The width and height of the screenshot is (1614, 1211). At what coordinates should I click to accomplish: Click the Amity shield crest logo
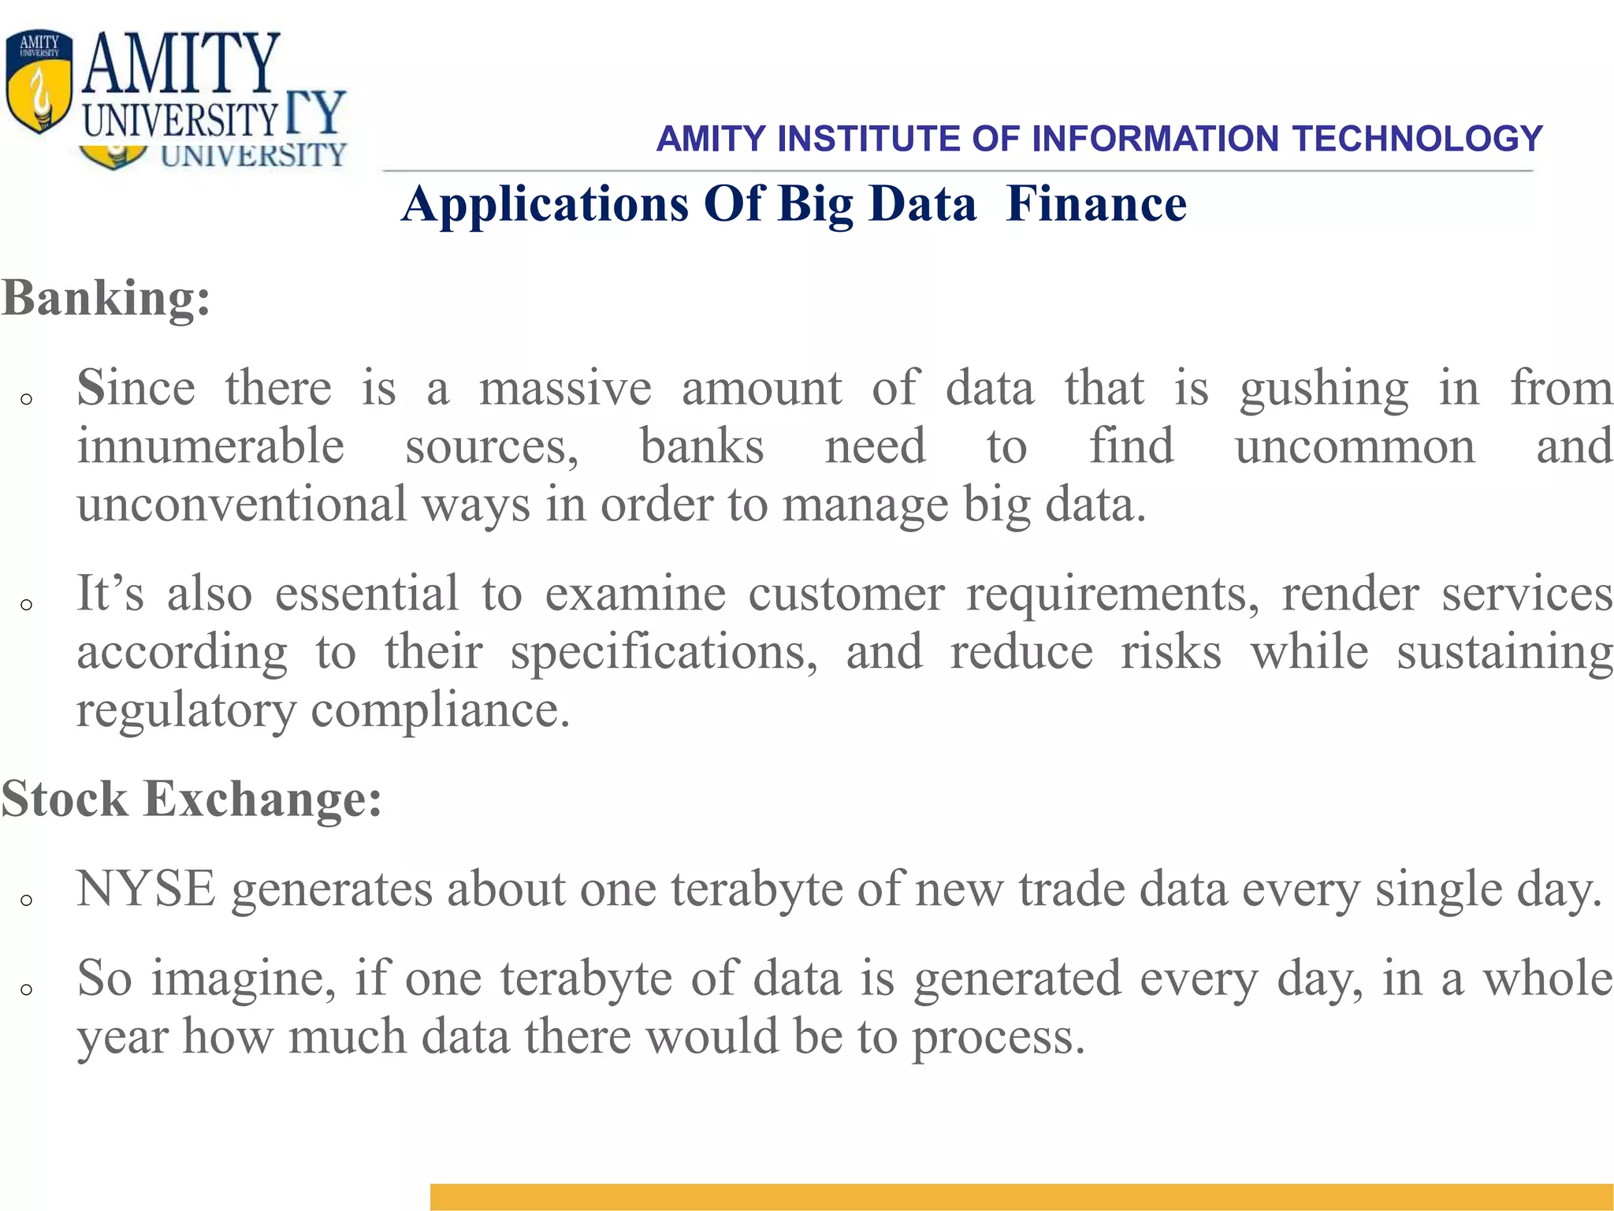(39, 83)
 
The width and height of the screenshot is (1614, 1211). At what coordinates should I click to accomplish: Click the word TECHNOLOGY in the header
(1417, 140)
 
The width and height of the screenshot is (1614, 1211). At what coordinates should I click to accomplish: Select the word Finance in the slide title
(1096, 204)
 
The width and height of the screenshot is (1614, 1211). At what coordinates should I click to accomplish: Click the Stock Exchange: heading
(192, 799)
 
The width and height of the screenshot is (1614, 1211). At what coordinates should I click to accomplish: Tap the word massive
(565, 388)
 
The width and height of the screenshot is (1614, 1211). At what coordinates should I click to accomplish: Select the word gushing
(1323, 389)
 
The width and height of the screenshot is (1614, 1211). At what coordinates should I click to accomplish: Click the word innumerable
(210, 446)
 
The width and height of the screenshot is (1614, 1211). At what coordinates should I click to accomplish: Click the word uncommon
(1355, 447)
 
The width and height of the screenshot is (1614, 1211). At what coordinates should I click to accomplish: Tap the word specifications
(664, 654)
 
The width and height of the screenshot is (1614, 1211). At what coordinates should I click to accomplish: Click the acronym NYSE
(146, 889)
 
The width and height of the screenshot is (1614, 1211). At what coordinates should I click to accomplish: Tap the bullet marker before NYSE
(27, 900)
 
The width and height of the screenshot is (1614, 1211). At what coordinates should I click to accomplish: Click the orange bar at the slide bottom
(1021, 1196)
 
